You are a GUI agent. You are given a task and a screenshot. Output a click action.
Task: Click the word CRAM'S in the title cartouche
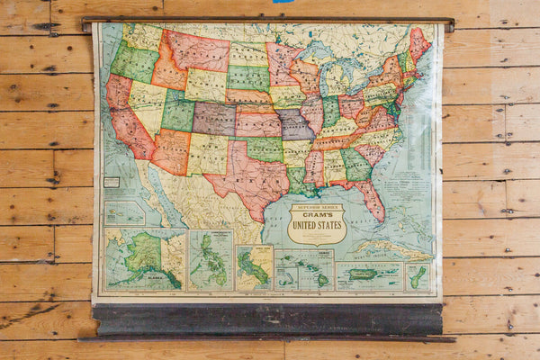coord(316,216)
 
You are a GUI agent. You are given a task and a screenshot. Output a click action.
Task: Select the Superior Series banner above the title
coord(316,207)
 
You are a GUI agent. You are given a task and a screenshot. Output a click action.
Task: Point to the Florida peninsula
coord(370,200)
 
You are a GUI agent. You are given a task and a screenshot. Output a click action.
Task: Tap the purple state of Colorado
coord(214,117)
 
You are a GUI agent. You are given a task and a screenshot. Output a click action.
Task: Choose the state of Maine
coord(418,43)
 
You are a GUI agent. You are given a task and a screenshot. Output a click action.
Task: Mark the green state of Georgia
coord(355,164)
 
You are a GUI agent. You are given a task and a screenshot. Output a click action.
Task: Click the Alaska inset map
coord(144,258)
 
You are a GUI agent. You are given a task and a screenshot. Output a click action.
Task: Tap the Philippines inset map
coord(211,260)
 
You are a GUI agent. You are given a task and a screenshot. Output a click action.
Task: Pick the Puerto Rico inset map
coord(368,274)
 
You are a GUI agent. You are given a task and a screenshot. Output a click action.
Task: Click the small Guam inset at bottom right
coord(416,275)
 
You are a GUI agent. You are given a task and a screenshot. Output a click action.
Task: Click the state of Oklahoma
coord(262,147)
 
